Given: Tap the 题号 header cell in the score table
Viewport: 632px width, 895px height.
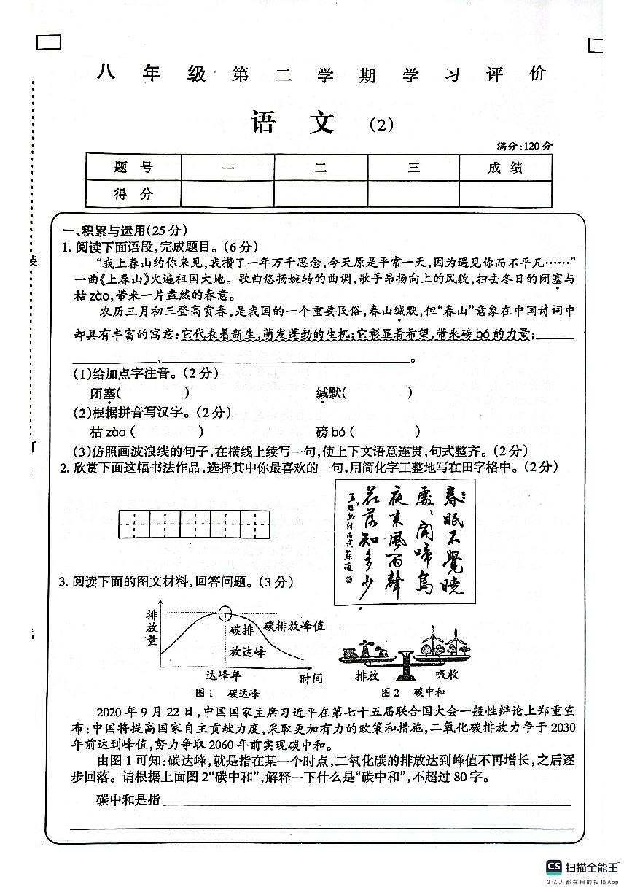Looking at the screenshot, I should [x=133, y=168].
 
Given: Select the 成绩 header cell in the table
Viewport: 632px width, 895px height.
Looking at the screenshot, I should [x=505, y=168].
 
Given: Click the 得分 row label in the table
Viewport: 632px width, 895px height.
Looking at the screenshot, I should [x=133, y=194].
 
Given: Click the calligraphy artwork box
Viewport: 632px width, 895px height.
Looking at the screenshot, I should [x=405, y=541].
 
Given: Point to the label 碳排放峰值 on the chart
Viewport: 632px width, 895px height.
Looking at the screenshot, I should [x=294, y=626].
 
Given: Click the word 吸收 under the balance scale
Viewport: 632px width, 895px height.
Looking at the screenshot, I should [x=446, y=675].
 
